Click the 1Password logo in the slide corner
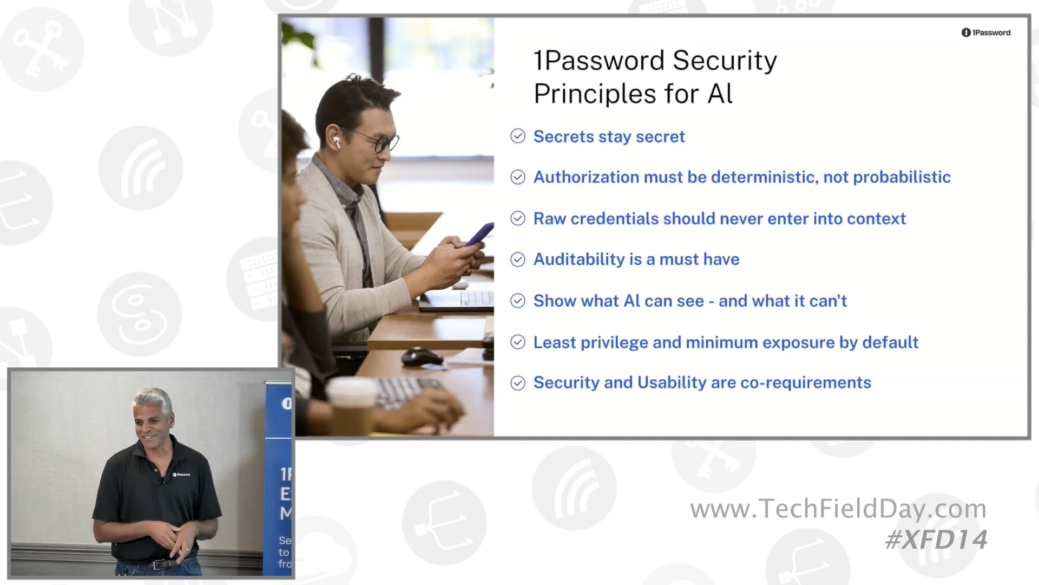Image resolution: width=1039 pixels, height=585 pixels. (x=985, y=32)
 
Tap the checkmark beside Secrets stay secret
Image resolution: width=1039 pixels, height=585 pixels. (x=518, y=136)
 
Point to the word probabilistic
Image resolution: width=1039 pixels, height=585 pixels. (x=902, y=177)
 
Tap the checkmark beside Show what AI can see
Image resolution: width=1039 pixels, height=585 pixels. (x=518, y=301)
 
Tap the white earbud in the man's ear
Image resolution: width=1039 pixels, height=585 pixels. (x=336, y=142)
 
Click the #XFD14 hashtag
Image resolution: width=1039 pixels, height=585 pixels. (x=936, y=539)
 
